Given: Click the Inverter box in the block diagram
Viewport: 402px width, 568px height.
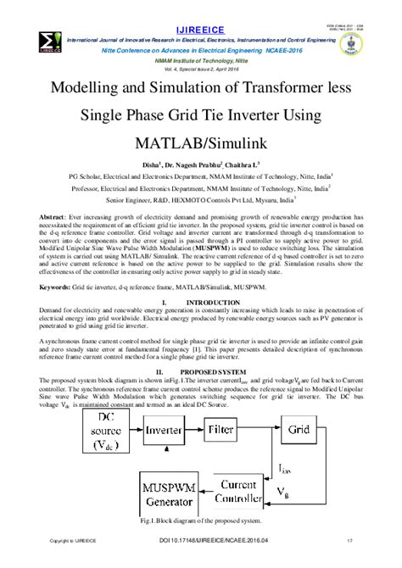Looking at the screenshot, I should point(162,430).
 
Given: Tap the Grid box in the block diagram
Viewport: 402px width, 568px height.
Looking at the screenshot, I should point(299,430).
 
